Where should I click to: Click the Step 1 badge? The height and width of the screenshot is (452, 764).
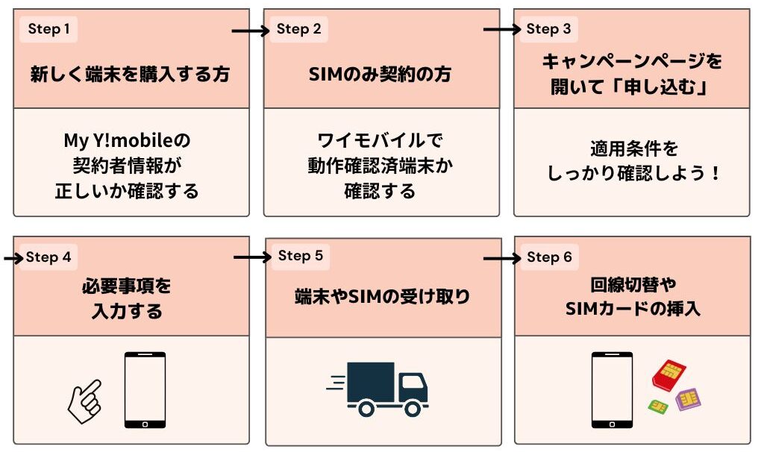click(x=48, y=29)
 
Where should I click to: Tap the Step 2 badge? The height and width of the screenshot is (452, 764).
click(x=298, y=29)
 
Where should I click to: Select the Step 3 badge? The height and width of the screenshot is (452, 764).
click(x=548, y=29)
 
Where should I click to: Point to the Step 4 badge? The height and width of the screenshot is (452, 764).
click(x=48, y=257)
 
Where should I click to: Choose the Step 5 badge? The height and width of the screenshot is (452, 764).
click(x=300, y=256)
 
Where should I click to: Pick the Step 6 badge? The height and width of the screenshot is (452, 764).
click(x=549, y=257)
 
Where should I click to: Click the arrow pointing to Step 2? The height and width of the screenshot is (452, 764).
click(x=251, y=31)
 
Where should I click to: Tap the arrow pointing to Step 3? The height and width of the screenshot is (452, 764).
click(x=502, y=30)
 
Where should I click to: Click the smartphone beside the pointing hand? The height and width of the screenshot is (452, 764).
click(x=145, y=389)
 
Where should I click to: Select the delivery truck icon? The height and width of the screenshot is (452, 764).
click(x=378, y=389)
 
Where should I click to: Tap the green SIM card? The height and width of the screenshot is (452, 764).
click(x=657, y=407)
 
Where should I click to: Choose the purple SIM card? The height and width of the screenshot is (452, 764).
click(x=688, y=399)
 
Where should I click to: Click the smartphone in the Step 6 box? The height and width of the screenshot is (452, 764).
click(x=612, y=389)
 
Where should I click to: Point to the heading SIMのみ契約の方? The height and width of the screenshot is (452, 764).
click(x=380, y=75)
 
